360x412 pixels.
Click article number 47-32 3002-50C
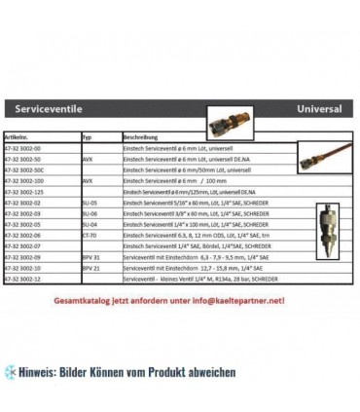[x=31, y=169]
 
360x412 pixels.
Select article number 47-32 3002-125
[x=31, y=192]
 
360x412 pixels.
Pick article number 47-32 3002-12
[x=29, y=279]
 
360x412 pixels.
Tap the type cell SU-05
[x=90, y=203]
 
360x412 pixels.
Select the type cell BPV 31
[x=90, y=256]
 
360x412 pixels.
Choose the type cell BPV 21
[x=90, y=267]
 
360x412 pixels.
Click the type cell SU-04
[x=90, y=224]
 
